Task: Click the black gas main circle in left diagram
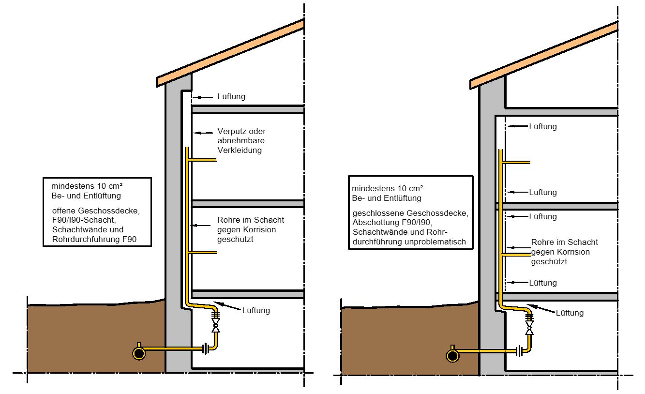139,353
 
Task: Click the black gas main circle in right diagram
452,356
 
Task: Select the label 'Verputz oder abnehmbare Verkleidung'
241,141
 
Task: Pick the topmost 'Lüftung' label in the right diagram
543,126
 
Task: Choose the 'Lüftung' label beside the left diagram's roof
231,96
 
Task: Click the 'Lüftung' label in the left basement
256,310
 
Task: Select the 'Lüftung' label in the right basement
570,313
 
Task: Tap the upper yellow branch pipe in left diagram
202,160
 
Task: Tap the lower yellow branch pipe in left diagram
202,253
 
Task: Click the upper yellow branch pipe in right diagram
516,163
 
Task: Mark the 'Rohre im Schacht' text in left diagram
251,220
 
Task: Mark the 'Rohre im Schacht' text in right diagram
564,242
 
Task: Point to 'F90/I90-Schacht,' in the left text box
84,220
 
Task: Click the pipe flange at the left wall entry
206,349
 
